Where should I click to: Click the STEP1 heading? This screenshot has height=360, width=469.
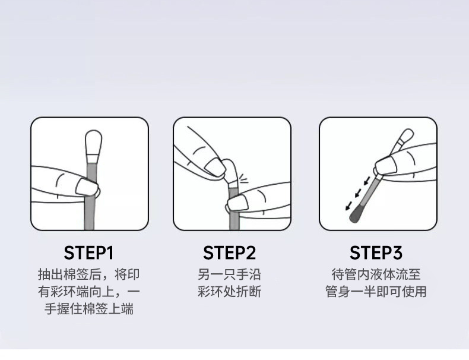tap(89, 253)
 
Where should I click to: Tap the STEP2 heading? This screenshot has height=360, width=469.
tap(229, 253)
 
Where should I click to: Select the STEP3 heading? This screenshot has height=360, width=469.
tap(376, 253)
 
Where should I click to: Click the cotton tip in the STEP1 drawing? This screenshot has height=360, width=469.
tap(94, 143)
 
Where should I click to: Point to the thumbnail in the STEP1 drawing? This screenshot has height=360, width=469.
tap(87, 187)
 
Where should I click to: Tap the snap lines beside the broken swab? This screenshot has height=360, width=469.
tap(244, 179)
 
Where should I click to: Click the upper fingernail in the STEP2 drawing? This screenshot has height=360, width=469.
tap(215, 167)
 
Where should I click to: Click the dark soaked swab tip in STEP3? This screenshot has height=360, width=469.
tap(357, 213)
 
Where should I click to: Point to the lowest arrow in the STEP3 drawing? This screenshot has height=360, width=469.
tap(348, 206)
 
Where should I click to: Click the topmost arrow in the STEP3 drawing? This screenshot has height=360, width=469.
tap(367, 181)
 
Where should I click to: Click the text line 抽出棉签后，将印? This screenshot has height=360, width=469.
tap(89, 274)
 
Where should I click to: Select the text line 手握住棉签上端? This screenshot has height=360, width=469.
tap(89, 309)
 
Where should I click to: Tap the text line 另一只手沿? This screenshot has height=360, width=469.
tap(229, 274)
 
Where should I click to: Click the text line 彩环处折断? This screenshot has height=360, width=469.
tap(229, 292)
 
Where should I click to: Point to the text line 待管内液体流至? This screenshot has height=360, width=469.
tap(376, 274)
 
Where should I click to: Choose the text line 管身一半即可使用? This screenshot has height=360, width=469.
tap(376, 292)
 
